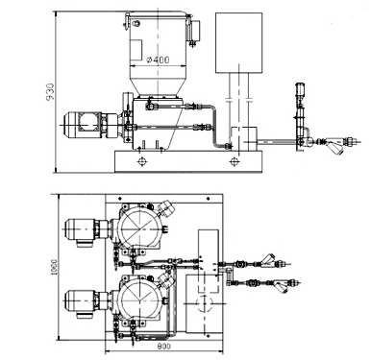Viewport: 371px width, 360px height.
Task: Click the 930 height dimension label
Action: click(x=50, y=92)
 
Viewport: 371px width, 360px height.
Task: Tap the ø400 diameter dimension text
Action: click(x=158, y=60)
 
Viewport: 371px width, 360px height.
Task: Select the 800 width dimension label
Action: click(x=164, y=347)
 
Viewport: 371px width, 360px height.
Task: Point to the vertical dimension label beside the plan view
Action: click(x=54, y=267)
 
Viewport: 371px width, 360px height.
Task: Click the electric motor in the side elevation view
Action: click(x=92, y=125)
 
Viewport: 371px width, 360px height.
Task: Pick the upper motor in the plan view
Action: click(x=87, y=230)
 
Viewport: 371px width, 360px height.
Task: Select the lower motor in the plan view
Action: click(x=87, y=301)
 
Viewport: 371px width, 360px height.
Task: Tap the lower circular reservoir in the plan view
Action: click(x=139, y=300)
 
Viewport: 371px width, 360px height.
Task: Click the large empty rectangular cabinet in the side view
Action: click(x=239, y=42)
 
